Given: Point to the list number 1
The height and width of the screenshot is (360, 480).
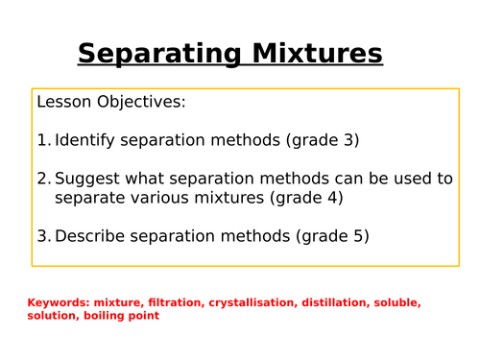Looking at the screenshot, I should [42, 140].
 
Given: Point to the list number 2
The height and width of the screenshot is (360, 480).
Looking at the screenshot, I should [42, 179].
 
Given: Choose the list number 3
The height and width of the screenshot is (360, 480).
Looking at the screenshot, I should [42, 236].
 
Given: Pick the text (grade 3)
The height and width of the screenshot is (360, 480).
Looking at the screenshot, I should [323, 140].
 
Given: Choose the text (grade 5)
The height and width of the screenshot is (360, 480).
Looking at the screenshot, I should [332, 236].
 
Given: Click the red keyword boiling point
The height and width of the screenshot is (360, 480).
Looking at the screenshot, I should [121, 316].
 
